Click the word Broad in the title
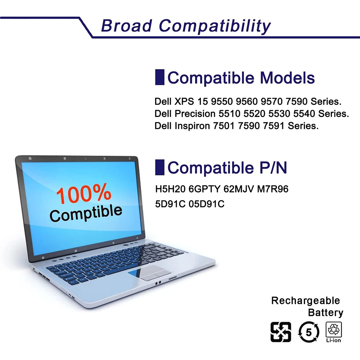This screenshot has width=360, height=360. click(126, 26)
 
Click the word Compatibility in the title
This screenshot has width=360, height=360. click(215, 26)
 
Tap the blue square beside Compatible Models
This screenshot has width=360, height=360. click(159, 77)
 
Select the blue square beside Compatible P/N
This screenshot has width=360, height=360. click(159, 167)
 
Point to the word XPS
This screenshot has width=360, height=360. click(184, 102)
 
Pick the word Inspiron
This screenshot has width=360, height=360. click(192, 126)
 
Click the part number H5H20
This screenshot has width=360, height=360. click(170, 189)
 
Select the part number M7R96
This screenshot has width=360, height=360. click(273, 189)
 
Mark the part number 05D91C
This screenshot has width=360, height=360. click(206, 204)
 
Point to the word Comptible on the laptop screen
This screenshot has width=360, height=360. click(86, 213)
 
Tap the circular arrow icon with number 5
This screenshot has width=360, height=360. click(309, 332)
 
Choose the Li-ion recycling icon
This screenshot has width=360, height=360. click(334, 332)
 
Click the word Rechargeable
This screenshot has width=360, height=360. click(306, 301)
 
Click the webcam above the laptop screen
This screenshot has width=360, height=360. click(85, 159)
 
